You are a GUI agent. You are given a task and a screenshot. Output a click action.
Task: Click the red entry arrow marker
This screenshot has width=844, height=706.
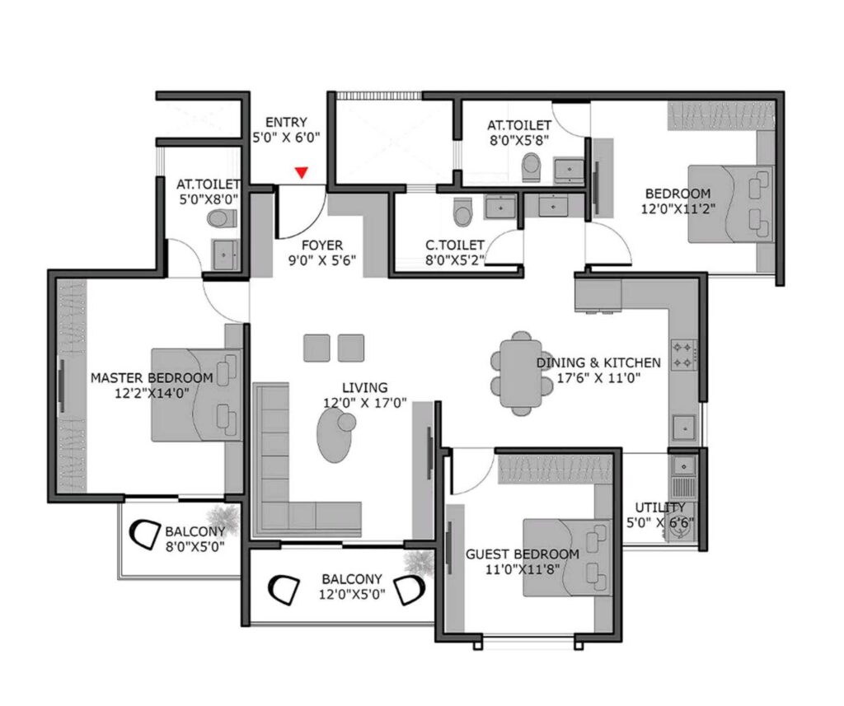[302, 172]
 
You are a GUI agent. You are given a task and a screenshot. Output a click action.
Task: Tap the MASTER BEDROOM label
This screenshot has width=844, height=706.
[152, 377]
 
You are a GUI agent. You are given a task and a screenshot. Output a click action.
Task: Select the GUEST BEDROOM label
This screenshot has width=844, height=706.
[523, 554]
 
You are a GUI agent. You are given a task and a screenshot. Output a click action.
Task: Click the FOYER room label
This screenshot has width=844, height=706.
[321, 245]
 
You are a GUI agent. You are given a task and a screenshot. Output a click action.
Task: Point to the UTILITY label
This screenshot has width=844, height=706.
[660, 507]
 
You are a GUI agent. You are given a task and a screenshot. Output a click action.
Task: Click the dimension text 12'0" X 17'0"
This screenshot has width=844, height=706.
[354, 403]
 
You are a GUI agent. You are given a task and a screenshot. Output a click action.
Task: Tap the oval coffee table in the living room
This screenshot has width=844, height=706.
[334, 433]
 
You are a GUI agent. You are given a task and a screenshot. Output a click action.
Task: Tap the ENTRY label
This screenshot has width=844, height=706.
[286, 123]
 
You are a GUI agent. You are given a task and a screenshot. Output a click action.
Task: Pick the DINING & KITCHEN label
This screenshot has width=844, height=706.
[598, 362]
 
